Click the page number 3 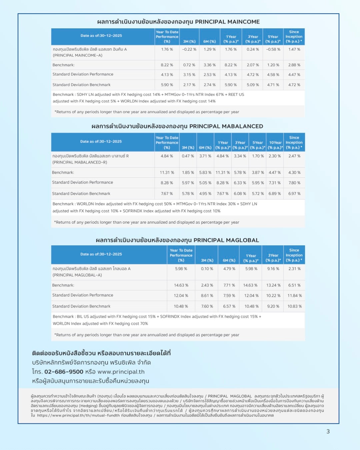[328, 431]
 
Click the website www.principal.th [121, 372]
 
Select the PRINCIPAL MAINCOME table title [178, 22]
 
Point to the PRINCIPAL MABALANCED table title [177, 126]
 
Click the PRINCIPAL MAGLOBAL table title [177, 240]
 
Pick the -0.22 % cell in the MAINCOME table [189, 49]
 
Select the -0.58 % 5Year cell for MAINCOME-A [273, 49]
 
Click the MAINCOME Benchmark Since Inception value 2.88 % [294, 65]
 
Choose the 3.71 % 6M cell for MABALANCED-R [205, 156]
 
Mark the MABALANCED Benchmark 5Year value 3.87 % [258, 173]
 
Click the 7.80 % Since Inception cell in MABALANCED [294, 183]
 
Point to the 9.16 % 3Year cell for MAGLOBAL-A [273, 269]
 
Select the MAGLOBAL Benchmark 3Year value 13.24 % [273, 285]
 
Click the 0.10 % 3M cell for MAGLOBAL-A [207, 269]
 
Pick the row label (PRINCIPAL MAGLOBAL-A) [77, 275]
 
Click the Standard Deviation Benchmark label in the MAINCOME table [81, 85]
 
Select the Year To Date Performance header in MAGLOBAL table [181, 255]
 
